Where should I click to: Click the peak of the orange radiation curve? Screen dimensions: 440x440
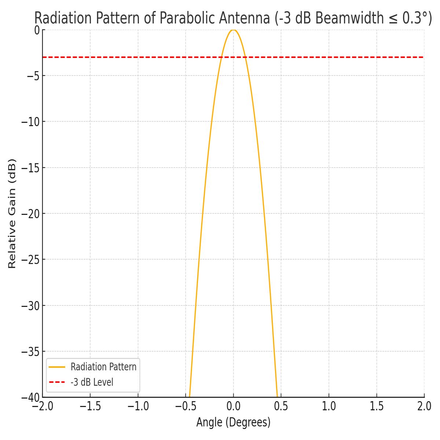[233, 30]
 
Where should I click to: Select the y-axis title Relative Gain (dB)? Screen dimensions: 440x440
[12, 213]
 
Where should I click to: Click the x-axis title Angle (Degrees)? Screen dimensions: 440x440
[233, 422]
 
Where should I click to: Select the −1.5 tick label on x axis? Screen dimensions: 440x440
[90, 407]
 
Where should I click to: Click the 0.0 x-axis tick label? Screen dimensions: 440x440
[234, 407]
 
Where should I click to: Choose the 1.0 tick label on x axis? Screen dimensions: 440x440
[329, 407]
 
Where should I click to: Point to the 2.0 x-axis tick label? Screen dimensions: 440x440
[424, 407]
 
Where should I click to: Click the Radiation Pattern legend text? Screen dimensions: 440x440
[103, 367]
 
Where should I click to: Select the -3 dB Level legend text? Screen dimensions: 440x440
[92, 382]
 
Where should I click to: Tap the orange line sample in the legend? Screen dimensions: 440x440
[57, 367]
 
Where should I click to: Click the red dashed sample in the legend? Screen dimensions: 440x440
[57, 382]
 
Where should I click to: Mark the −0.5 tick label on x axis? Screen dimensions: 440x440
[186, 407]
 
